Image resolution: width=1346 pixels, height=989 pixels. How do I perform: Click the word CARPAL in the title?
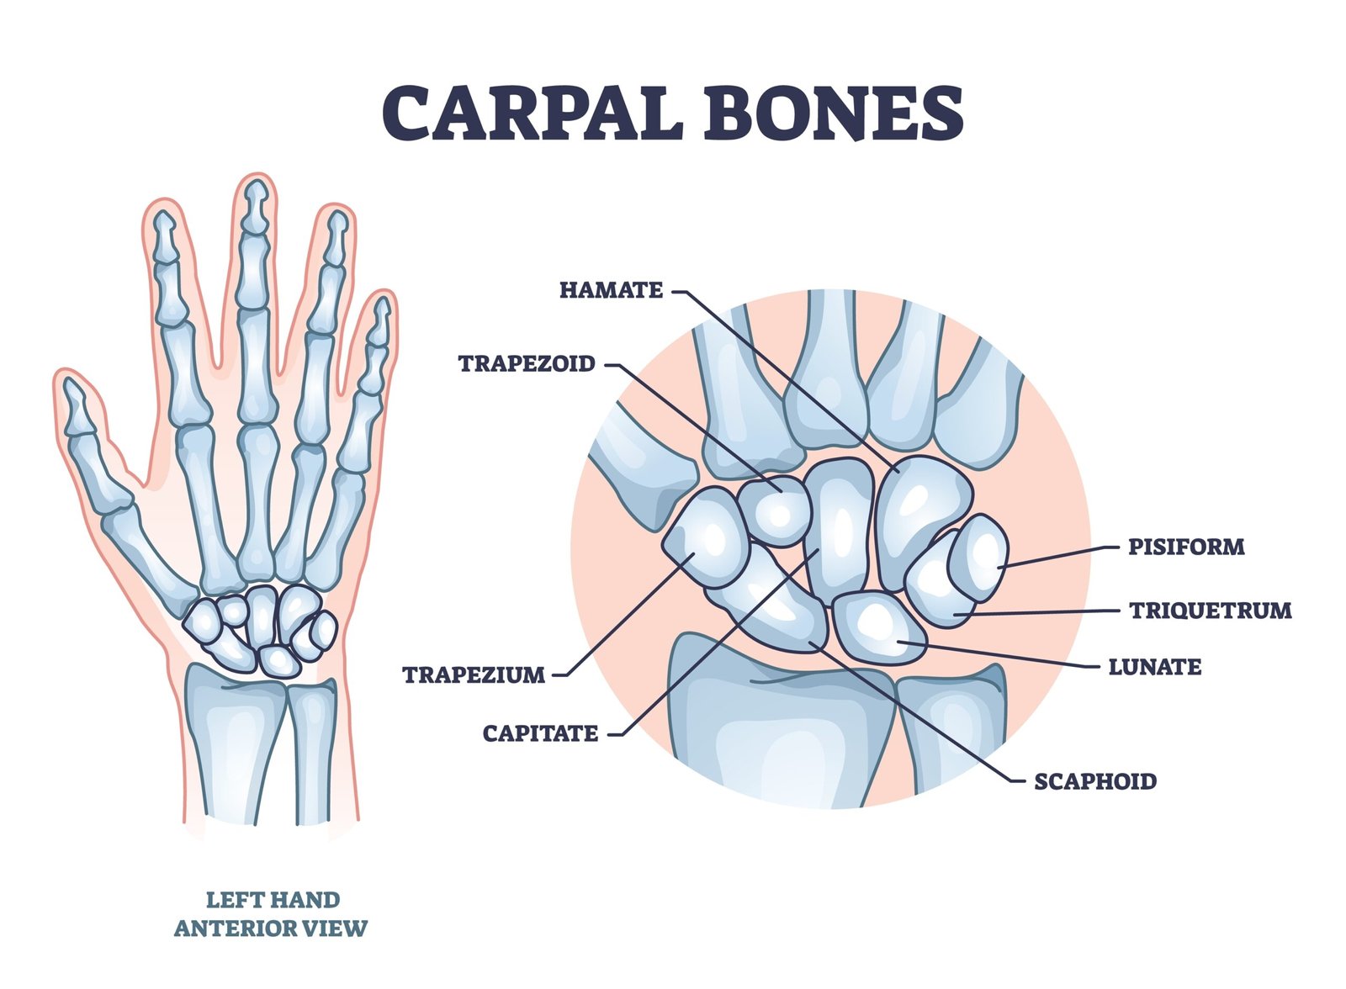coord(533,113)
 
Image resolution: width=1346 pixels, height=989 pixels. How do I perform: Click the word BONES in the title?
coord(835,113)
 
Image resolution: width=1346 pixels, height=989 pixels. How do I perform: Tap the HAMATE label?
coord(611,290)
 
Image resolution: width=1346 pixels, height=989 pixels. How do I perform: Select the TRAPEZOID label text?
coord(527,363)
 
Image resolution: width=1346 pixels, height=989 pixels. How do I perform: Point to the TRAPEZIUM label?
coord(474,674)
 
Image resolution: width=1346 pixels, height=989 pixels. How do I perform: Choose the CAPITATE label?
coord(540,733)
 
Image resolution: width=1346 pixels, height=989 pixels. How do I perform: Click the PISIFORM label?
coord(1186,547)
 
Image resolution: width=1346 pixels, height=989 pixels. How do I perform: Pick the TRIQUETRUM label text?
coord(1211,611)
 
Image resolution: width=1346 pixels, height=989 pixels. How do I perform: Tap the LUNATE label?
coord(1155,666)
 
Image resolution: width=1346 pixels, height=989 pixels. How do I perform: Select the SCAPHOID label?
coord(1094,781)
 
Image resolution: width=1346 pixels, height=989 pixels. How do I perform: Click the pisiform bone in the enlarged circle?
coord(978,558)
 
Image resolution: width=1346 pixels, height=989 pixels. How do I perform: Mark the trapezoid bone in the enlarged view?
coord(776,510)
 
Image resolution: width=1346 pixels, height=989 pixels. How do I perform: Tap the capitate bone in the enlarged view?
coord(839,529)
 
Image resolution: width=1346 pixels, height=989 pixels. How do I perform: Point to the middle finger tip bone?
coord(256,207)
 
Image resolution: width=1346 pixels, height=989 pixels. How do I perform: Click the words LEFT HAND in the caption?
coord(273,900)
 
